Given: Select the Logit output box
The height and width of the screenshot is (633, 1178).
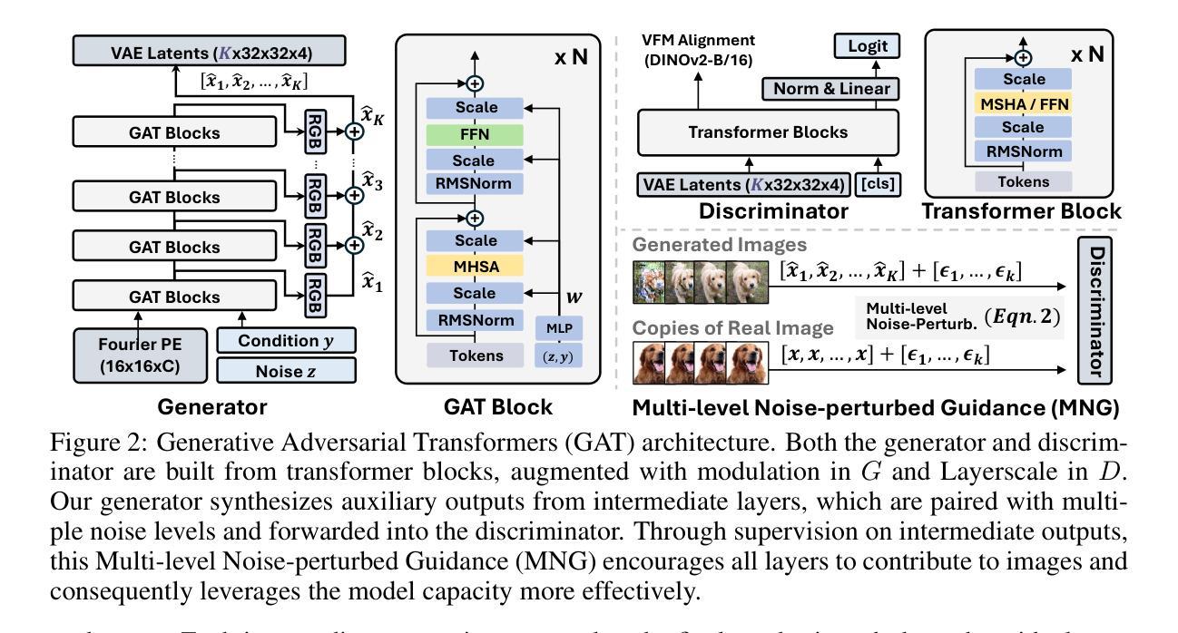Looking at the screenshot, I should tap(865, 46).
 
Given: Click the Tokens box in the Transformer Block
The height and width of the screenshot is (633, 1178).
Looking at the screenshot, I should tap(1023, 182).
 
